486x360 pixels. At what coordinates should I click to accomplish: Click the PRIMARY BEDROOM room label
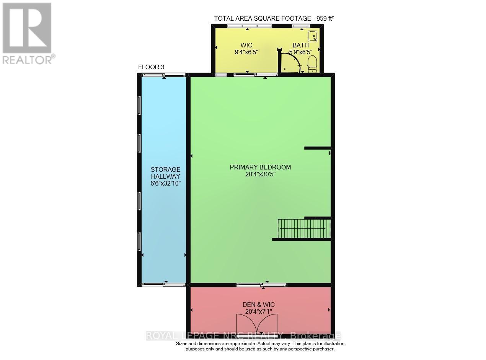pos(260,167)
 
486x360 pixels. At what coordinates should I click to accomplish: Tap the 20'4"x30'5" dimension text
pos(260,174)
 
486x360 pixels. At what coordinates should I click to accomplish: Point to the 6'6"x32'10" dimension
pos(165,183)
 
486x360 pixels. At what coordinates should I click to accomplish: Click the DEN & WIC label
pos(259,305)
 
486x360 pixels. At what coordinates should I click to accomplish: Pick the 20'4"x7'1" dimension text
pos(259,311)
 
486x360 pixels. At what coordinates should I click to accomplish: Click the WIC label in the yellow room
pos(247,45)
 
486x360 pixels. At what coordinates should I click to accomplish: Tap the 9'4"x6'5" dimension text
pos(247,52)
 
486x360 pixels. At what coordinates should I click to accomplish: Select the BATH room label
pos(300,45)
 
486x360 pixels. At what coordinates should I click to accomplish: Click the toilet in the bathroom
pos(313,64)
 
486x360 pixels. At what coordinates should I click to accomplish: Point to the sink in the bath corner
pos(314,36)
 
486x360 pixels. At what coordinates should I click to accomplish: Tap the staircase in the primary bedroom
pos(303,228)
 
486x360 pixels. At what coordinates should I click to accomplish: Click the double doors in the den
pos(259,324)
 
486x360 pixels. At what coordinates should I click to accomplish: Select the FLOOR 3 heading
pos(151,67)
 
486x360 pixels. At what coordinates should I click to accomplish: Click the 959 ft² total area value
pos(323,18)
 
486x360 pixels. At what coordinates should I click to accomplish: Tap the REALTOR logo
pos(28,33)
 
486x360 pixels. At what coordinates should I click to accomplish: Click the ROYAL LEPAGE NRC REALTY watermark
pos(243,336)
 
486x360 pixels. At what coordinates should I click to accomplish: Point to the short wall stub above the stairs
pos(317,148)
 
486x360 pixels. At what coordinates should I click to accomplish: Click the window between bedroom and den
pos(261,285)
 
